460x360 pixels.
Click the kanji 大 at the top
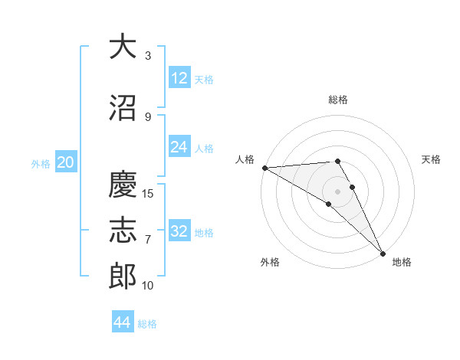(123, 46)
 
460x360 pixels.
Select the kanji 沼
(123, 107)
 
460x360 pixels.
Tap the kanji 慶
(123, 184)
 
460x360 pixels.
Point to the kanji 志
(123, 230)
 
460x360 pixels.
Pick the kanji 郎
(123, 276)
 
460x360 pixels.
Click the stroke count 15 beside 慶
(147, 194)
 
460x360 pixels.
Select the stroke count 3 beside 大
(148, 55)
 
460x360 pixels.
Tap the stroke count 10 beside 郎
(147, 285)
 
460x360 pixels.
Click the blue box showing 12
(179, 77)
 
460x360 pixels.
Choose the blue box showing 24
(179, 146)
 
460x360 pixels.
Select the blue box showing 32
(179, 230)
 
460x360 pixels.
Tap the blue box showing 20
(66, 162)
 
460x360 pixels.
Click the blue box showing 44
(123, 321)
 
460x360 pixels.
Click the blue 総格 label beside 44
(147, 324)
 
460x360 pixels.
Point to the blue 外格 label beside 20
(41, 164)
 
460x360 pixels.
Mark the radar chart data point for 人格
(265, 168)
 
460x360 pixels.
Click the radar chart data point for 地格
(383, 254)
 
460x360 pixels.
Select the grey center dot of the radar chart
(337, 192)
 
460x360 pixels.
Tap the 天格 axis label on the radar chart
(431, 159)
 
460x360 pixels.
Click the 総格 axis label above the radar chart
(338, 100)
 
